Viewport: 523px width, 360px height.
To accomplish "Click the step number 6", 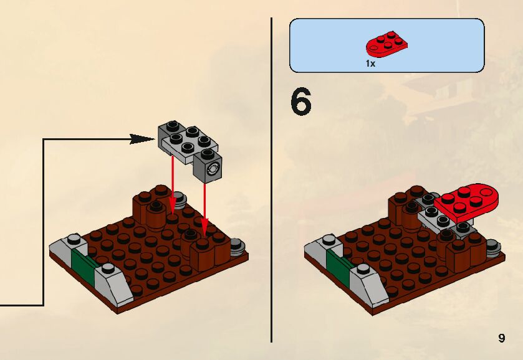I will coord(300,103).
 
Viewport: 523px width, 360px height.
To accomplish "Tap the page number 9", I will coord(501,338).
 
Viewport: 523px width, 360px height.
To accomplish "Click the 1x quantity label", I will coord(370,64).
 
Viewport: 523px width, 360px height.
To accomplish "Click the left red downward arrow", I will coord(172,187).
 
